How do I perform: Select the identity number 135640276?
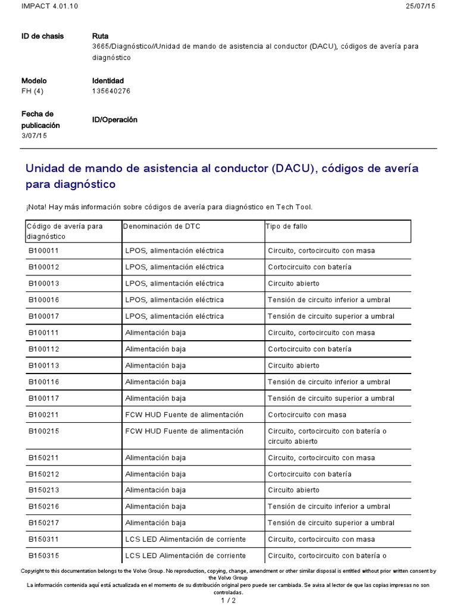[x=111, y=91]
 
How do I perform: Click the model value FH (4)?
[x=32, y=91]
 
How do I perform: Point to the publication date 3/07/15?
[x=34, y=136]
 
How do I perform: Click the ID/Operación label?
[x=114, y=120]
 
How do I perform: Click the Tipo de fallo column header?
[x=286, y=226]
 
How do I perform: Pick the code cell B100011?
[x=43, y=250]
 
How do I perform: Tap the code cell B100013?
[x=43, y=283]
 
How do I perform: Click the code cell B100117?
[x=43, y=398]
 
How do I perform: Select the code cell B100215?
[x=43, y=431]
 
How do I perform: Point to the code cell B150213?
[x=43, y=490]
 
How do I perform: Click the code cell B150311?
[x=43, y=539]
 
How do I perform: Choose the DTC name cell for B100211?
[x=184, y=415]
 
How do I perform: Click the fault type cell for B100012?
[x=309, y=267]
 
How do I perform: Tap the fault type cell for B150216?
[x=329, y=506]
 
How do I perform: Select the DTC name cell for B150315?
[x=185, y=555]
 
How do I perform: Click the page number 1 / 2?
[x=228, y=600]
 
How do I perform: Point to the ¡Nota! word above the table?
[x=35, y=206]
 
